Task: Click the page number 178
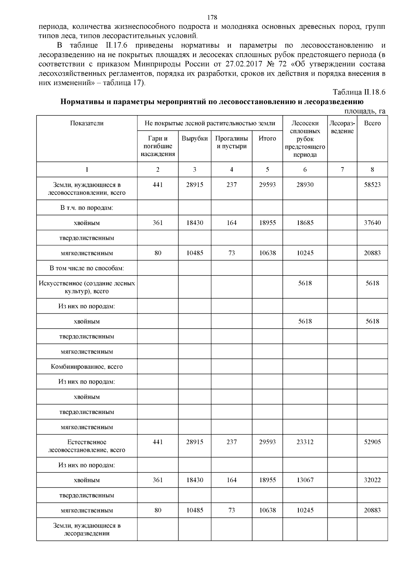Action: (x=212, y=18)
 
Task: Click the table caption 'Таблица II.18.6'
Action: (x=359, y=92)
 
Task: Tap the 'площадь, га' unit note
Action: (x=365, y=111)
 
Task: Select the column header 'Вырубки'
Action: (x=195, y=138)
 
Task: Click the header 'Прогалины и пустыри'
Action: (x=232, y=142)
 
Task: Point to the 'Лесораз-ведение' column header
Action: (x=342, y=127)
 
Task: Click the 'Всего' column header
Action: (x=372, y=123)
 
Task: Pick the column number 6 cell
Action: (x=305, y=170)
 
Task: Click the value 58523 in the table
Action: (x=372, y=185)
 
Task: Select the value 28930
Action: (x=305, y=185)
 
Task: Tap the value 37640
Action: (x=372, y=223)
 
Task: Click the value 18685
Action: (x=305, y=223)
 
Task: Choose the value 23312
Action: (x=305, y=442)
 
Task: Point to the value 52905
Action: (x=372, y=442)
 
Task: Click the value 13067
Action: (x=305, y=480)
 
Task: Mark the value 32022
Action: (x=372, y=480)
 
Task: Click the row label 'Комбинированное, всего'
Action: (x=87, y=366)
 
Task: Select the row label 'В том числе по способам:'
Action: (x=87, y=268)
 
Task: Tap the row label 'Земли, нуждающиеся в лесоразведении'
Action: (x=87, y=529)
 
